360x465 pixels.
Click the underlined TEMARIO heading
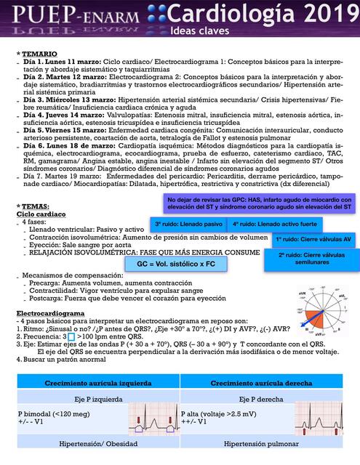[39, 54]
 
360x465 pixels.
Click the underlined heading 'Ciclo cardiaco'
[46, 214]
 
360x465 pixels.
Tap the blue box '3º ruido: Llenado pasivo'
[188, 225]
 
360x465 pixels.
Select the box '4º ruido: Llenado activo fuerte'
[275, 225]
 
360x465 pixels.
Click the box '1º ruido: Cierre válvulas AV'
[313, 238]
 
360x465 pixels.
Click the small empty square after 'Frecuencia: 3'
[71, 337]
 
